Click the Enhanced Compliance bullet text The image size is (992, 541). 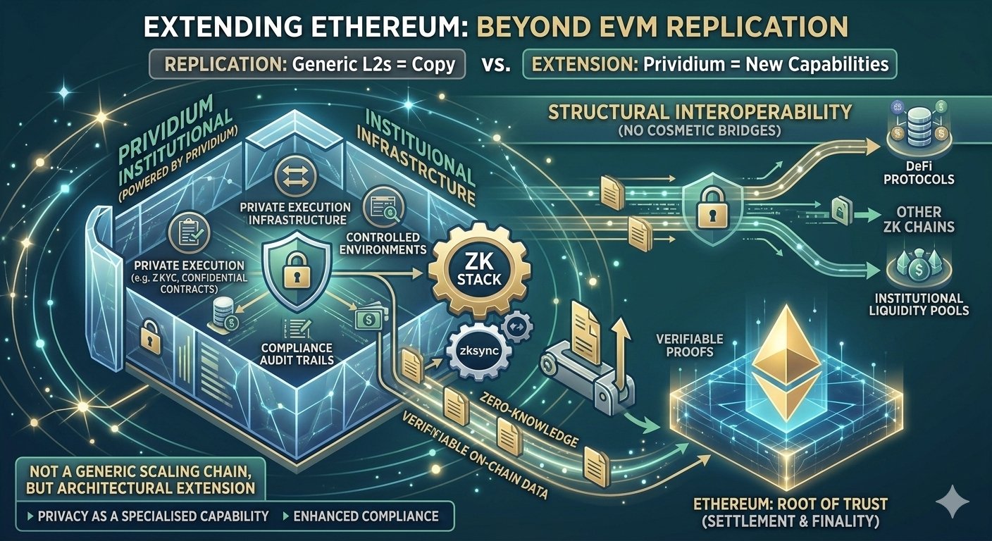click(x=366, y=516)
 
